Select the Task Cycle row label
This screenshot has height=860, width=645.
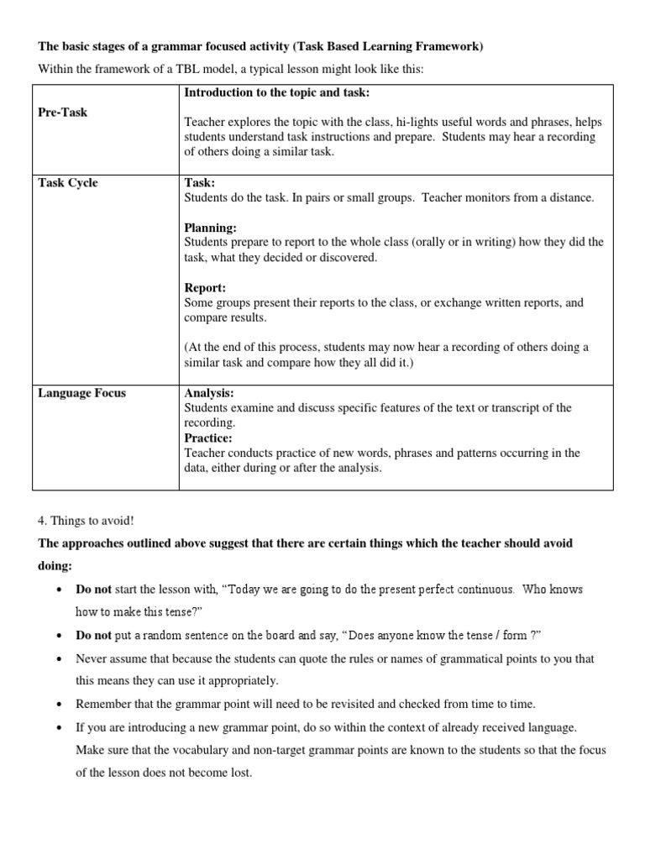[68, 183]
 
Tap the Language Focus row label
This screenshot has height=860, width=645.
[81, 393]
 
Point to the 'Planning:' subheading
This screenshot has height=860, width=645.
[210, 228]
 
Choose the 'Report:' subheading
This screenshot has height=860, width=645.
[206, 288]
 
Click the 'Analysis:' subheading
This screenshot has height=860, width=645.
[209, 393]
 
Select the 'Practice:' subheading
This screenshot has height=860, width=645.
[208, 438]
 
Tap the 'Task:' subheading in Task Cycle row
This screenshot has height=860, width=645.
[200, 183]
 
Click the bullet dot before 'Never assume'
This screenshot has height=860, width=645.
[59, 659]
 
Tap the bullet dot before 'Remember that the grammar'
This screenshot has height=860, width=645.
[59, 703]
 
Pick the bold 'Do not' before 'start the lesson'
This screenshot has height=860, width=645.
[93, 589]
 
